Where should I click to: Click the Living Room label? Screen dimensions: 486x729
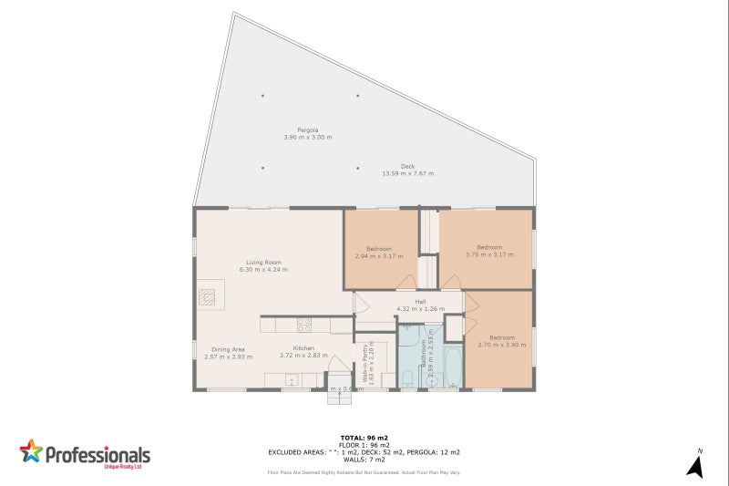coord(262,263)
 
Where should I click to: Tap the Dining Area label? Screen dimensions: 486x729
coord(229,349)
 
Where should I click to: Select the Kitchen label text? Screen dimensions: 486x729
coord(303,348)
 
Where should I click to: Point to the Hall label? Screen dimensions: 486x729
coord(420,302)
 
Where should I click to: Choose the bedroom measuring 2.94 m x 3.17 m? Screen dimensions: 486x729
coord(379,249)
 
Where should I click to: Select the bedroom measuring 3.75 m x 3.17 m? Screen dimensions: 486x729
coord(489,247)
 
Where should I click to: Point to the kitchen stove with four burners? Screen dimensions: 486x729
coord(303,324)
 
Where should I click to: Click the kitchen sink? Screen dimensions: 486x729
coord(293,379)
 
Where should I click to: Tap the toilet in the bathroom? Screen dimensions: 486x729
coord(408,377)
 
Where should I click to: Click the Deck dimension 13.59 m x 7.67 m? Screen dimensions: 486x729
coord(407,170)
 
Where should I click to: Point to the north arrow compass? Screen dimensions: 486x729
coord(694,465)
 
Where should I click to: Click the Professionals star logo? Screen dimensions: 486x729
coord(32,452)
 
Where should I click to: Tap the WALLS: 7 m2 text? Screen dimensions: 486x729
coord(364,460)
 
